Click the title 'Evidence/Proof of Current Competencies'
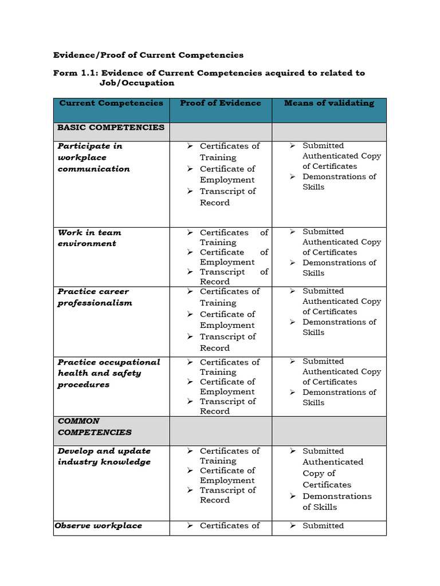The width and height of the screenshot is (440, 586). [x=148, y=55]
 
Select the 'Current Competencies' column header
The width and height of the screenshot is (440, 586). [x=111, y=103]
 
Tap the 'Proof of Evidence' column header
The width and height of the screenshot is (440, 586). [x=220, y=103]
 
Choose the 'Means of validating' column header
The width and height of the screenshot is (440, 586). [x=329, y=103]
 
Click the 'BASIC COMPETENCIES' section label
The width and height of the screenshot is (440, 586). [x=111, y=128]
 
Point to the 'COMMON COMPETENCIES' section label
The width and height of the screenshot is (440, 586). [x=95, y=427]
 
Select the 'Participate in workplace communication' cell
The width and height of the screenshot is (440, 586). [x=94, y=157]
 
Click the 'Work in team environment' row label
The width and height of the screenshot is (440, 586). [x=89, y=238]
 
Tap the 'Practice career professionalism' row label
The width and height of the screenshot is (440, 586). [x=95, y=297]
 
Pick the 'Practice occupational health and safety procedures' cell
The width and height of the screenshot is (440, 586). [x=108, y=373]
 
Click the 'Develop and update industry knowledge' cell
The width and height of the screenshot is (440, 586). [x=104, y=457]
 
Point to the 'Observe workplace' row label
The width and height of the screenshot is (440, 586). [x=98, y=525]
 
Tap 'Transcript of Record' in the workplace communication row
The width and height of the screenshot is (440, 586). [x=227, y=197]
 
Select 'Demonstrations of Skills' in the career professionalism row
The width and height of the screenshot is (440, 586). [x=339, y=327]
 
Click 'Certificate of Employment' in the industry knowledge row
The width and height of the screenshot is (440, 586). [x=227, y=476]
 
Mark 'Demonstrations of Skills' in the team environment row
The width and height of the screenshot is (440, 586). [x=339, y=267]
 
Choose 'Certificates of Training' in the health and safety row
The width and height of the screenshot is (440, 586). [x=229, y=367]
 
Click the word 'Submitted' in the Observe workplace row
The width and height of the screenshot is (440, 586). [x=323, y=525]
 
